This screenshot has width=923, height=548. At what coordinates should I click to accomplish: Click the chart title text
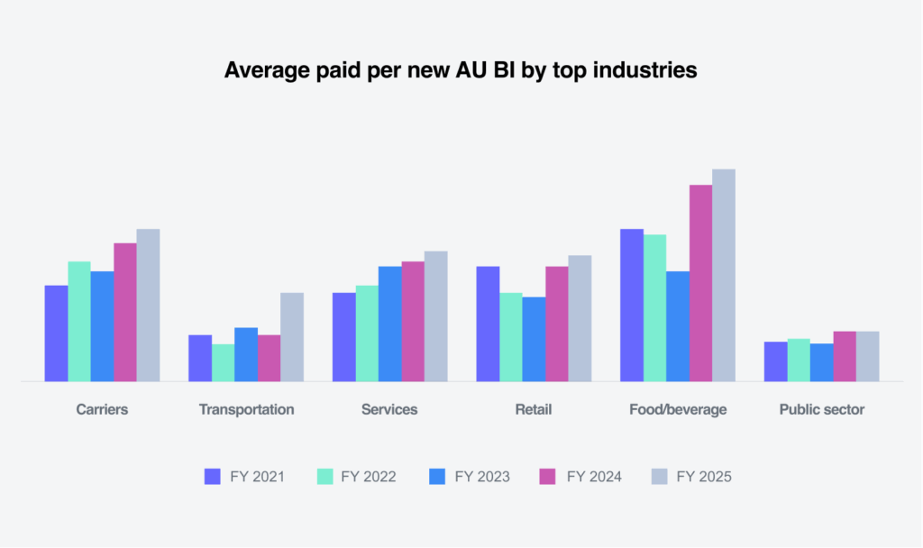point(461,70)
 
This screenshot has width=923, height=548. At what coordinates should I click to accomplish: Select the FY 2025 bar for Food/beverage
point(724,275)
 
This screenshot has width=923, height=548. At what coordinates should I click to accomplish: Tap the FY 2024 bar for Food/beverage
point(701,283)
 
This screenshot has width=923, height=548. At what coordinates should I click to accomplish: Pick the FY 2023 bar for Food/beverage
point(678,326)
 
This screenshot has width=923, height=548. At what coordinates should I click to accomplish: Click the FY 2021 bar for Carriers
point(56,333)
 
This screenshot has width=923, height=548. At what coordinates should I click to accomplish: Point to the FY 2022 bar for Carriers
point(79,321)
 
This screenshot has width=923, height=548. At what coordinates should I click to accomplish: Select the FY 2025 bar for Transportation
point(292,337)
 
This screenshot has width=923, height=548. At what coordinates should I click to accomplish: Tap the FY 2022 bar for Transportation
point(223,362)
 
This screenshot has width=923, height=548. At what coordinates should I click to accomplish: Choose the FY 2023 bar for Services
point(389,324)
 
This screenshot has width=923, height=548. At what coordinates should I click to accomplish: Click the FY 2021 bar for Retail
point(488,324)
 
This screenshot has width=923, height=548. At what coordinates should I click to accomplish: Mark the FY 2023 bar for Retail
point(534,339)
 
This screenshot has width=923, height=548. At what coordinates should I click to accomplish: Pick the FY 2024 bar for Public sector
point(845,356)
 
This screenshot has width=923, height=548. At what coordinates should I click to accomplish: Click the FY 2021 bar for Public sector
point(775,361)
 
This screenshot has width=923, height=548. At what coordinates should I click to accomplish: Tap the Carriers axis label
point(102,409)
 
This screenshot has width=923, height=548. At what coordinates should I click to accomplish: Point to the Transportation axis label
point(246,409)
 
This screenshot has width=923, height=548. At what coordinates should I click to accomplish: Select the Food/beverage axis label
point(678,409)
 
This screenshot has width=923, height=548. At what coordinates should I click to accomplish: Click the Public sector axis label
point(821,409)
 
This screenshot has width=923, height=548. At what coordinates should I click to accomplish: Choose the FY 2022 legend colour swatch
point(325,477)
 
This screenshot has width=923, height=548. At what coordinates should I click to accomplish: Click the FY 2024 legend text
point(594,477)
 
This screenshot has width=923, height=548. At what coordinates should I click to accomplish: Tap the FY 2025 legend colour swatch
point(659,477)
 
